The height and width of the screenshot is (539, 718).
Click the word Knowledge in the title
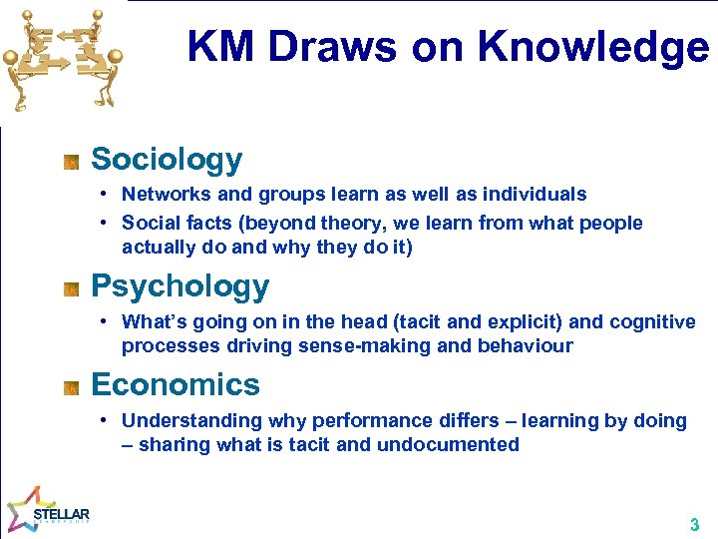coord(593,47)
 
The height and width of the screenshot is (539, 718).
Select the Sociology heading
coord(167,159)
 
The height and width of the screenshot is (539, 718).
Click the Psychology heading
coord(179,286)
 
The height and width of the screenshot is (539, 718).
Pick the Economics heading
coord(175,384)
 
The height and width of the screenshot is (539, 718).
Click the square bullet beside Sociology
coord(71,161)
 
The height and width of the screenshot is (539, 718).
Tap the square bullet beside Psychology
coord(71,289)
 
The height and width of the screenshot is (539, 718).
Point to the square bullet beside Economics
coord(71,387)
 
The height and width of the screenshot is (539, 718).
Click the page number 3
coord(694,525)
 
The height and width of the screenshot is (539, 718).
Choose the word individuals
coord(535,195)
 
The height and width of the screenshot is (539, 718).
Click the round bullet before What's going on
coord(105,322)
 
